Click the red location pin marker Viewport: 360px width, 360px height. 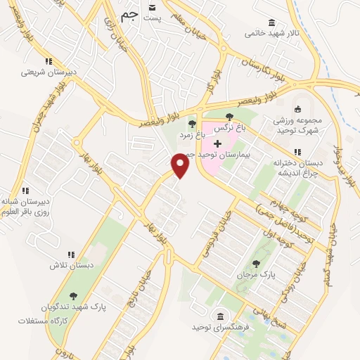tap(181, 165)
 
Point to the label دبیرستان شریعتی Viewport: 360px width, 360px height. tap(44, 72)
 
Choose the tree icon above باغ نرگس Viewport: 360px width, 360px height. tap(229, 117)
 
